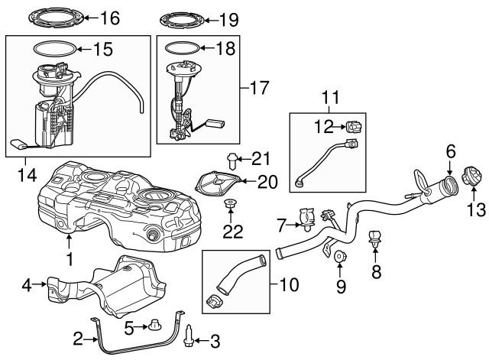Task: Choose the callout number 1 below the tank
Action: tap(70, 259)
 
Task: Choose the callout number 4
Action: tap(25, 286)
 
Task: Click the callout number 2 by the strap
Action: tap(78, 337)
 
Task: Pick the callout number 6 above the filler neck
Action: tap(452, 151)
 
